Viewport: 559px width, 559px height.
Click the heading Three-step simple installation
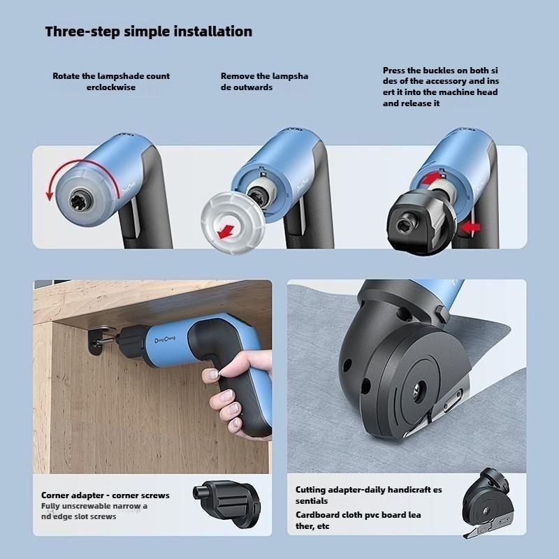click(148, 31)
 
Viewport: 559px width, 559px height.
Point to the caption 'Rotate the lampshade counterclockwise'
click(111, 82)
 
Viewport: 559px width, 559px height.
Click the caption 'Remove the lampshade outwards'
click(264, 82)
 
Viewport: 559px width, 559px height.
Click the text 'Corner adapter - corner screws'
click(105, 495)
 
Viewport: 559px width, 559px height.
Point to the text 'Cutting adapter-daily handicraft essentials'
click(368, 495)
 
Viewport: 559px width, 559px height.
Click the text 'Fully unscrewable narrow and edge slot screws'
click(94, 511)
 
